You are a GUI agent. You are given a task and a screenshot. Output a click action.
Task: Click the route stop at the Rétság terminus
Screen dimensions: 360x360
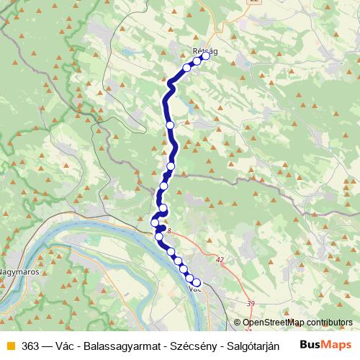[206, 55]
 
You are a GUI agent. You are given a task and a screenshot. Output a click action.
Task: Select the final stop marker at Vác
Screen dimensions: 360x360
[196, 283]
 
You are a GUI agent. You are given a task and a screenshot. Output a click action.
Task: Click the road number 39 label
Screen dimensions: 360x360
[251, 304]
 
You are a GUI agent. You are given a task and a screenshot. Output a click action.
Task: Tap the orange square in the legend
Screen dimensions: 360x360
[10, 345]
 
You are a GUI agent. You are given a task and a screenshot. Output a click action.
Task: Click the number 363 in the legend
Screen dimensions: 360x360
[30, 345]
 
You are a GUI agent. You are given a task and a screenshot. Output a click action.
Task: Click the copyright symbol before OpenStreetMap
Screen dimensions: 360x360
[238, 323]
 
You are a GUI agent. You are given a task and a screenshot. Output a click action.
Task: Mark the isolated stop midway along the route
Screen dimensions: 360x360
[171, 125]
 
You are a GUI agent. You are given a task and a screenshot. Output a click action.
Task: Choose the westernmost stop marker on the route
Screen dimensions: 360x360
[155, 222]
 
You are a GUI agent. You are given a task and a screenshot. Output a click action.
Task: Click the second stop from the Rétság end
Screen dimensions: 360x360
[197, 61]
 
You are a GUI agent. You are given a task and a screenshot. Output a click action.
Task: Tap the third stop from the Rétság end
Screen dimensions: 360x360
[187, 67]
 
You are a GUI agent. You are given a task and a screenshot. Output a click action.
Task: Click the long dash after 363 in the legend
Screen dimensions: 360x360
[46, 345]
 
